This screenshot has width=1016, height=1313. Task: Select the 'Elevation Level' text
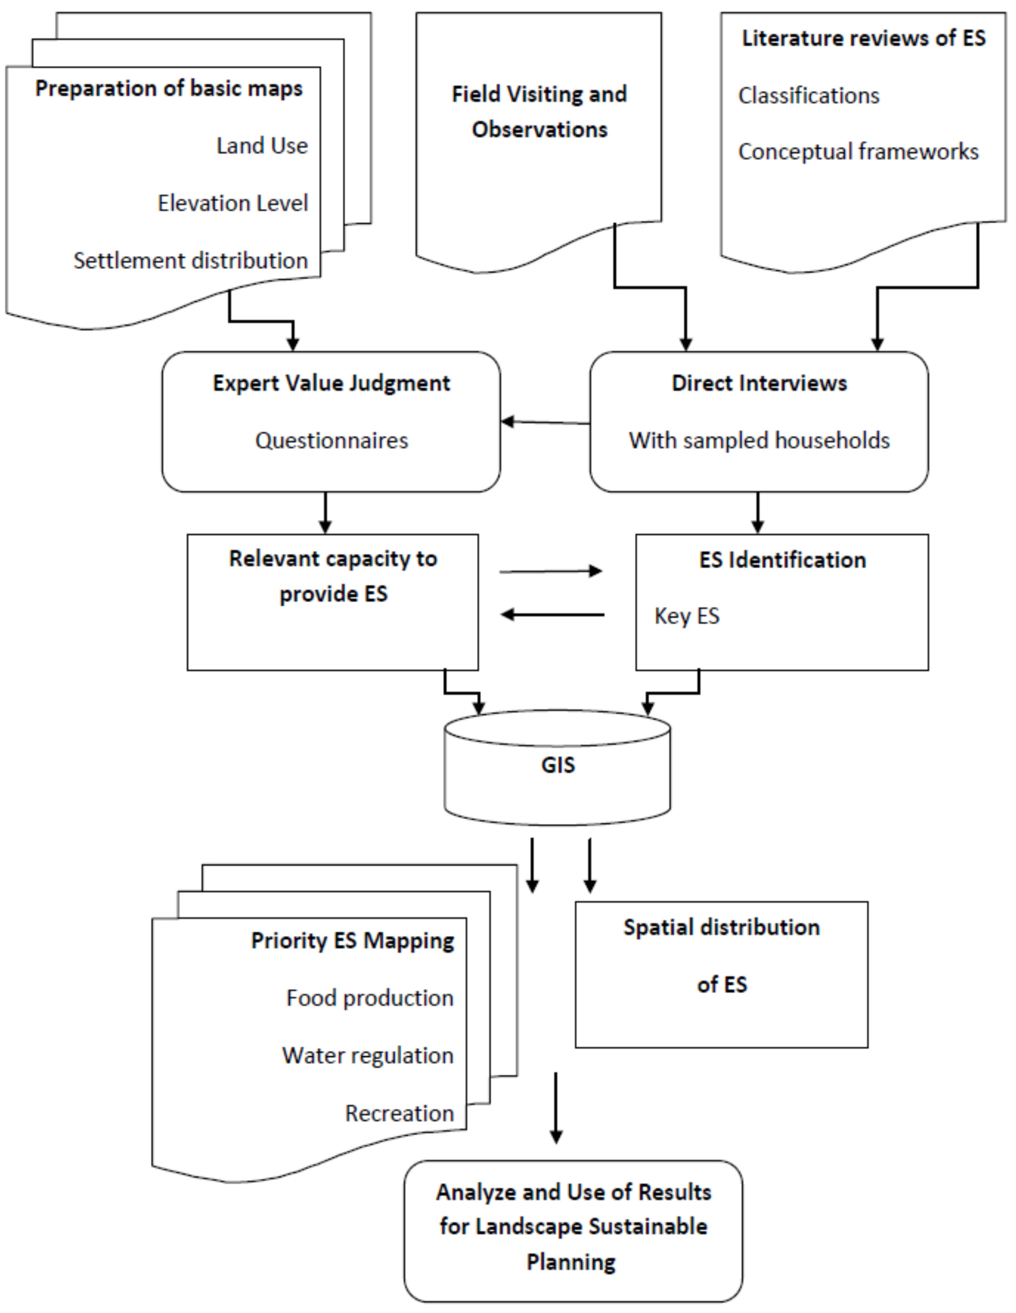point(233,203)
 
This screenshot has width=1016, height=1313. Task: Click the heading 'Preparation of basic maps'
point(169,88)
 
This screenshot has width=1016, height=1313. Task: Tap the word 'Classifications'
point(808,96)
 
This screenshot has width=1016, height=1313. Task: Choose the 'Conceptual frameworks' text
point(858,151)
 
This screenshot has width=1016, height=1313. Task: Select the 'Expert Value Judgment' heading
point(332,383)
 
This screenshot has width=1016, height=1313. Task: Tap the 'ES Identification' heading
point(782,560)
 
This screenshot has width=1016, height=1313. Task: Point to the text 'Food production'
point(370,998)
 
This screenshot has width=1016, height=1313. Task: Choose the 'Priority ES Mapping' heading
point(352,940)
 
